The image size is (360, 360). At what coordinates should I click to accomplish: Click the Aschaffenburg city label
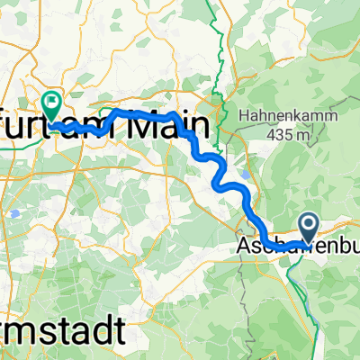click(297, 246)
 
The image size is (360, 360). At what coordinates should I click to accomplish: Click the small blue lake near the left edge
click(14, 214)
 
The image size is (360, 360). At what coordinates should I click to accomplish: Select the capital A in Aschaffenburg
click(244, 246)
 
